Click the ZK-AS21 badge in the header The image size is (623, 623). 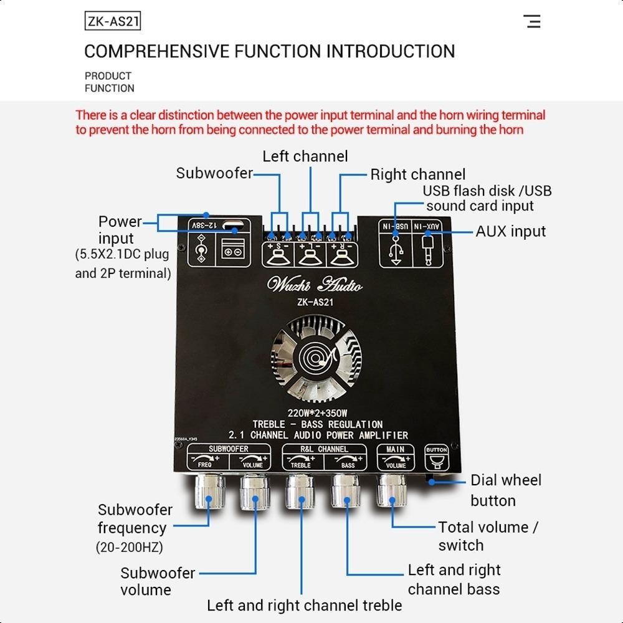(x=112, y=22)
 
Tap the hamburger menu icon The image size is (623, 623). (x=532, y=22)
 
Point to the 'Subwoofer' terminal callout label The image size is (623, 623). (x=214, y=173)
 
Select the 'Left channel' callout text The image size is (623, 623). (x=305, y=156)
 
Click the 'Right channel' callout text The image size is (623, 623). (x=417, y=174)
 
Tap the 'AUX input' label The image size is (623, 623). (x=510, y=231)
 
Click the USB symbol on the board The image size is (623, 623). (x=396, y=251)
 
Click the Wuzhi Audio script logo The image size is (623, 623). (x=314, y=285)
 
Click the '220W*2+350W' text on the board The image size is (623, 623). (x=317, y=413)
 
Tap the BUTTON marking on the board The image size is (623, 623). (x=436, y=450)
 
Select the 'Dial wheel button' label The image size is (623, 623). (x=505, y=490)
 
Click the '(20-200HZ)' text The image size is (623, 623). (x=129, y=548)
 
